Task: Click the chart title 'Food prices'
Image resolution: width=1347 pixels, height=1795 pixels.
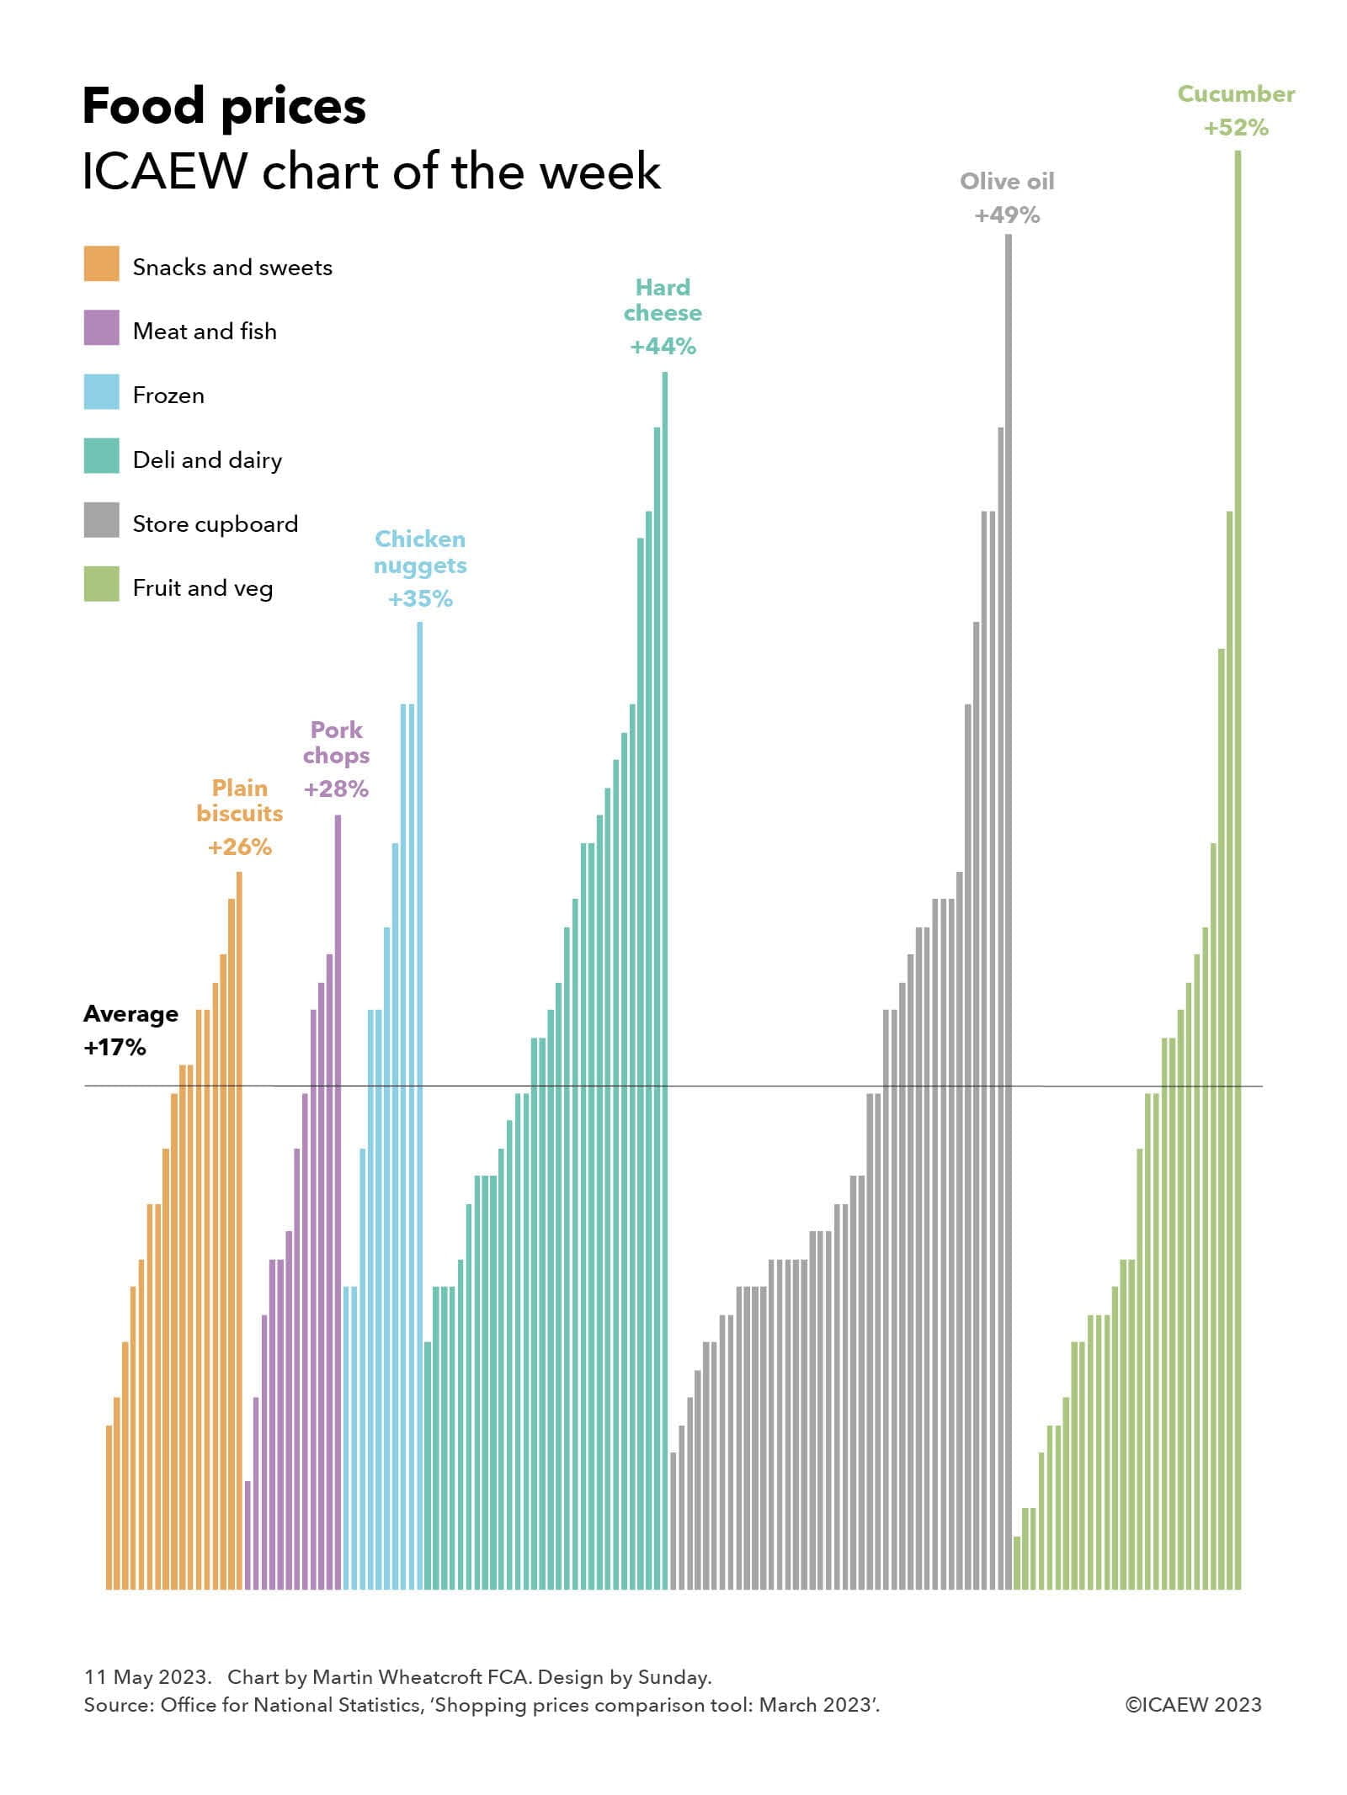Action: click(224, 107)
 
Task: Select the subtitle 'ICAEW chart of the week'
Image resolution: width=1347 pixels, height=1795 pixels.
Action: click(371, 172)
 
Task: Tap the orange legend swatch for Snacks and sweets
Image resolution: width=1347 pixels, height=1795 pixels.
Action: click(101, 263)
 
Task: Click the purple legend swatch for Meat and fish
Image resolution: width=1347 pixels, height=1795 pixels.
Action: click(101, 327)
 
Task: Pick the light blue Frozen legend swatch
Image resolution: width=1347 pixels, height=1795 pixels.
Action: click(101, 391)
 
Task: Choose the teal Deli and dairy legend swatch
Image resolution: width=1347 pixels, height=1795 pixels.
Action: click(101, 455)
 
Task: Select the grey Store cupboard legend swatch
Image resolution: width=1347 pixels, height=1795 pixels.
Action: click(101, 520)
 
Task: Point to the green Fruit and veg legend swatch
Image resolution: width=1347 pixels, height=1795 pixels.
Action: click(101, 584)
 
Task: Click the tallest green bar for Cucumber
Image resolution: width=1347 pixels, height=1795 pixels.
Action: click(1238, 842)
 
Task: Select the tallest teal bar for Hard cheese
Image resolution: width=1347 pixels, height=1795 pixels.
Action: click(665, 968)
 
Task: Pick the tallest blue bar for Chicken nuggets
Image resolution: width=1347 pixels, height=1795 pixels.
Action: click(420, 1094)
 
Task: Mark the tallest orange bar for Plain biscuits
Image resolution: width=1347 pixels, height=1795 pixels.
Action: click(239, 1220)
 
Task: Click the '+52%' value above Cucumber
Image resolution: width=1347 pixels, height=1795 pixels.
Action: click(1236, 128)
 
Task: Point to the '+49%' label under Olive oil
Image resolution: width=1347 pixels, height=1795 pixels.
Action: click(1007, 215)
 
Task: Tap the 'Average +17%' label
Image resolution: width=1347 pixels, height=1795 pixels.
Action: click(130, 1030)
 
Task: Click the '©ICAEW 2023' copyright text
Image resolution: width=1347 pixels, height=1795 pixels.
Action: click(1193, 1705)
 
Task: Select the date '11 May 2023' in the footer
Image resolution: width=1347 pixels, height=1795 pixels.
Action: click(146, 1677)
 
